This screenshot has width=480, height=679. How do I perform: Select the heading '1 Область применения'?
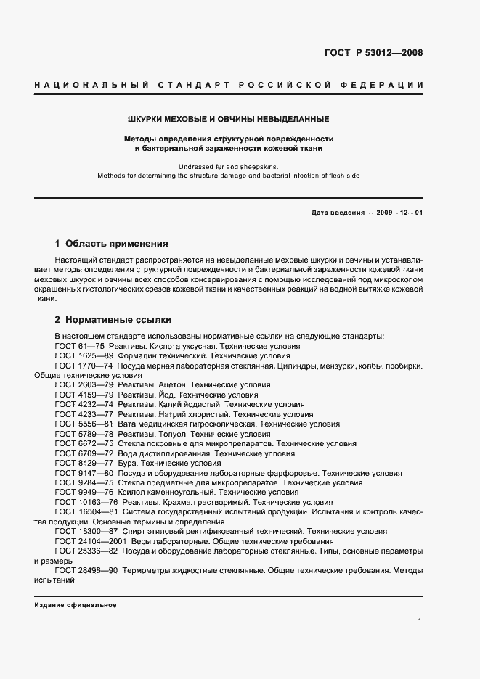pyautogui.click(x=112, y=244)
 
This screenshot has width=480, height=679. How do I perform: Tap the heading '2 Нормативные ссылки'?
pyautogui.click(x=113, y=319)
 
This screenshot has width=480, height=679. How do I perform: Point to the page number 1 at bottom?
pyautogui.click(x=420, y=620)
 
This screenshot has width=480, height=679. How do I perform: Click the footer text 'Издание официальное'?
pyautogui.click(x=76, y=604)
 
